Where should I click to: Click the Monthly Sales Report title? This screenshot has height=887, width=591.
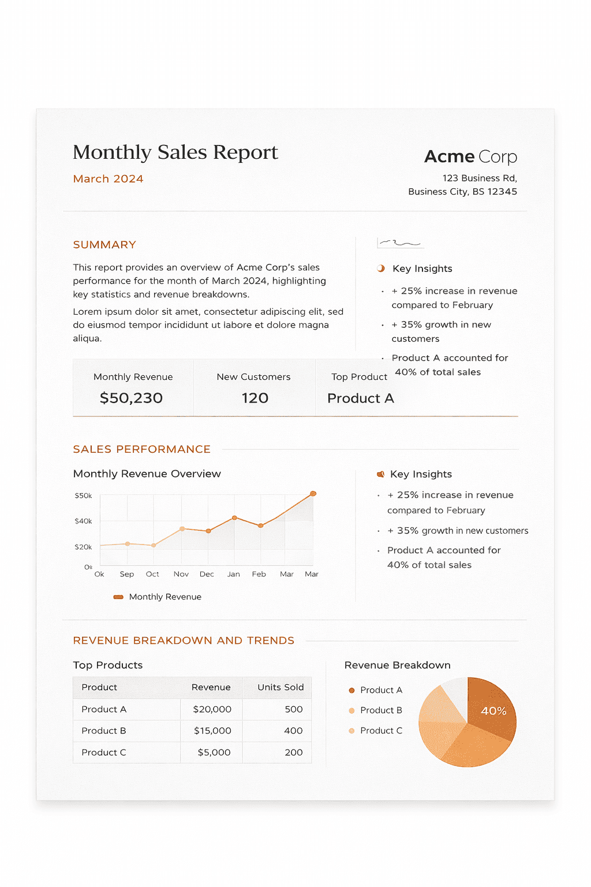coord(175,152)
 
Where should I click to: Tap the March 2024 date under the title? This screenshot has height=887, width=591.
coord(108,179)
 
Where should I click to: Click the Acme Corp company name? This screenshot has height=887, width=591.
coord(470,156)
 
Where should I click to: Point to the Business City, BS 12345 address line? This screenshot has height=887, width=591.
coord(462,192)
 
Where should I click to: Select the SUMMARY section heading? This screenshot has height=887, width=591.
coord(104,245)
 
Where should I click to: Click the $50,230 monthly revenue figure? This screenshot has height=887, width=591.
coord(131,398)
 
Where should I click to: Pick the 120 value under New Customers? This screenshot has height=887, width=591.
coord(255,398)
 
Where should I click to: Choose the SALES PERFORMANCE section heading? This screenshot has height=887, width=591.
coord(141,449)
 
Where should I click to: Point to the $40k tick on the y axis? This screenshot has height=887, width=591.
coord(83,521)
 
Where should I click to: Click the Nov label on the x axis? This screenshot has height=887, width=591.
coord(181,574)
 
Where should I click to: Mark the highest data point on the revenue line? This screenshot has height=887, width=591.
coord(313,494)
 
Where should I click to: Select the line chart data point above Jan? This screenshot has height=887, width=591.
coord(234,518)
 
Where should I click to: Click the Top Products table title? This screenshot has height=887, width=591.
coord(107,665)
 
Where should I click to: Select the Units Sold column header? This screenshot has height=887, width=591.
coord(280,687)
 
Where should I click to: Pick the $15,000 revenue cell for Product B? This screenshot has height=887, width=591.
coord(212,731)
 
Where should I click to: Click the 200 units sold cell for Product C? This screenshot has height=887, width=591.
coord(293,752)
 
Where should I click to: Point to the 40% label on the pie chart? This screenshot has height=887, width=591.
coord(493,711)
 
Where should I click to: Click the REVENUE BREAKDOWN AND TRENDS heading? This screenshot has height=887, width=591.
coord(184,640)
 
